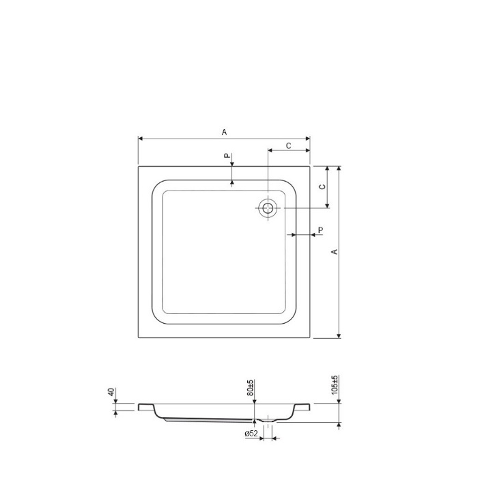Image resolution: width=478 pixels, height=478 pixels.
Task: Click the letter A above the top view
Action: tap(225, 132)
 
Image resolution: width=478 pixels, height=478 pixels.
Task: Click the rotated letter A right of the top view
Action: tap(335, 251)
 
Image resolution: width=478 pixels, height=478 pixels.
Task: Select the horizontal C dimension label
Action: tap(288, 146)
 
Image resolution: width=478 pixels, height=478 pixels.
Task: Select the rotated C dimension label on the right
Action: tap(322, 186)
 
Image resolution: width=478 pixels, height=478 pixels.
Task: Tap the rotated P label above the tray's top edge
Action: tap(227, 156)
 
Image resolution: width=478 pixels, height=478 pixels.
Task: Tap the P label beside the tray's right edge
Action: tap(320, 230)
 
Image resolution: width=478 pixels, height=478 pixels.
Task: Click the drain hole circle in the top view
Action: tap(268, 208)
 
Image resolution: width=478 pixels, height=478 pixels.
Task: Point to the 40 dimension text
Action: tap(111, 392)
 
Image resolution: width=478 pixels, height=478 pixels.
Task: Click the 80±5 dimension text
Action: tap(251, 388)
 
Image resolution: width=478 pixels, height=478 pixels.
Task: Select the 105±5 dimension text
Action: tap(335, 384)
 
